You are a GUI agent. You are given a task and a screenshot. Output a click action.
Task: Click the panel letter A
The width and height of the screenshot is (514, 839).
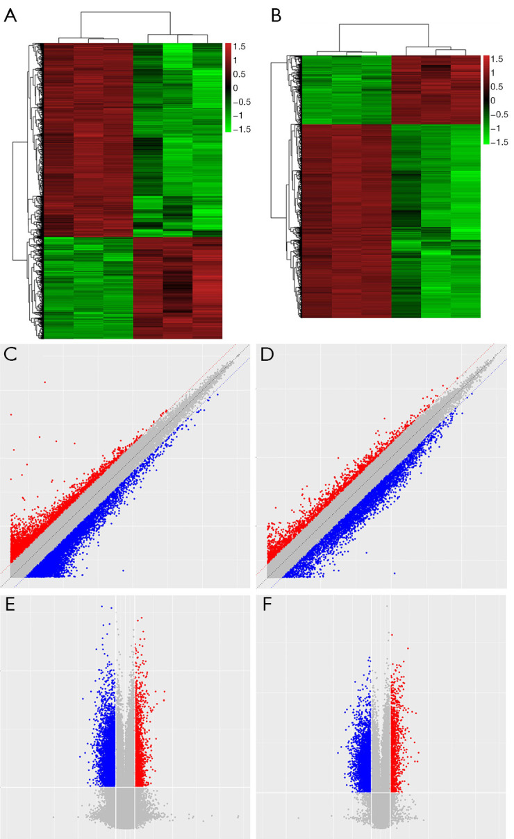pyautogui.click(x=10, y=16)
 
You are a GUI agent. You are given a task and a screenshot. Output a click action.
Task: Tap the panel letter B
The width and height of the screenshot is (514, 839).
pyautogui.click(x=276, y=16)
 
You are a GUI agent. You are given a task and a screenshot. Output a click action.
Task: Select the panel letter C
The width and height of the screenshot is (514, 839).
pyautogui.click(x=10, y=355)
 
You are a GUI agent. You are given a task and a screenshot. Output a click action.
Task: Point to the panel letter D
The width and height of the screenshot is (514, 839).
pyautogui.click(x=267, y=355)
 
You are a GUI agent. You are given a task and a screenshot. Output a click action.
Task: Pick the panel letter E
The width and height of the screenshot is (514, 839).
pyautogui.click(x=10, y=604)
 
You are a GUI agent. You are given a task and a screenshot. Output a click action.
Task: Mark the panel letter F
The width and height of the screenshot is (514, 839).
pyautogui.click(x=267, y=604)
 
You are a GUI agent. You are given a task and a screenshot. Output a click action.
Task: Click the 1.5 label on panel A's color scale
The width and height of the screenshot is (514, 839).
pyautogui.click(x=239, y=46)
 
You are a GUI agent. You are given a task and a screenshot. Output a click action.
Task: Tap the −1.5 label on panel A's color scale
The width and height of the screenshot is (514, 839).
pyautogui.click(x=242, y=130)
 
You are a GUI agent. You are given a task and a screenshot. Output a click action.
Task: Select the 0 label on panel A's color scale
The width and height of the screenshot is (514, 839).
pyautogui.click(x=235, y=88)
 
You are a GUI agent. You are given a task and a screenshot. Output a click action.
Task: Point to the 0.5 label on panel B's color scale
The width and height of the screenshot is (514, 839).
pyautogui.click(x=497, y=87)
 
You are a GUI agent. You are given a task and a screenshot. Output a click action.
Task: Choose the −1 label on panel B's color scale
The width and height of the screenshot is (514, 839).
pyautogui.click(x=496, y=128)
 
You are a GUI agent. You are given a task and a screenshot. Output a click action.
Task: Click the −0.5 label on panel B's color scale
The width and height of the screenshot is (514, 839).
pyautogui.click(x=499, y=115)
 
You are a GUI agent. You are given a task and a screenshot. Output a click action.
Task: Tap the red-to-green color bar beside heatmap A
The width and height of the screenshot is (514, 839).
pyautogui.click(x=229, y=87)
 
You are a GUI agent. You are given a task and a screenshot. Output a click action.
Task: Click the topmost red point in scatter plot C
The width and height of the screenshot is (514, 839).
pyautogui.click(x=45, y=382)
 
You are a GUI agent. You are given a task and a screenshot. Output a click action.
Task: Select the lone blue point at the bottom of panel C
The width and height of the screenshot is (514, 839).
pyautogui.click(x=124, y=570)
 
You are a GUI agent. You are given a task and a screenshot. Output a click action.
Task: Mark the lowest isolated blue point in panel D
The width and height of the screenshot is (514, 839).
pyautogui.click(x=395, y=573)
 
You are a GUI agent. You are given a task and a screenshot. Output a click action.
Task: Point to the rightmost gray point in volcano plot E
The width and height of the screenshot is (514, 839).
pyautogui.click(x=238, y=817)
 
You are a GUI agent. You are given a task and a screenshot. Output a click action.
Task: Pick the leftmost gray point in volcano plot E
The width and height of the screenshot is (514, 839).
pyautogui.click(x=53, y=817)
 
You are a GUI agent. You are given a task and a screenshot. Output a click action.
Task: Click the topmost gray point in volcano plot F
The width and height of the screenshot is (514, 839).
pyautogui.click(x=387, y=606)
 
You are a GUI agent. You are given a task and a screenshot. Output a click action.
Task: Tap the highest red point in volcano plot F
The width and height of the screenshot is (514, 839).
pyautogui.click(x=408, y=648)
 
